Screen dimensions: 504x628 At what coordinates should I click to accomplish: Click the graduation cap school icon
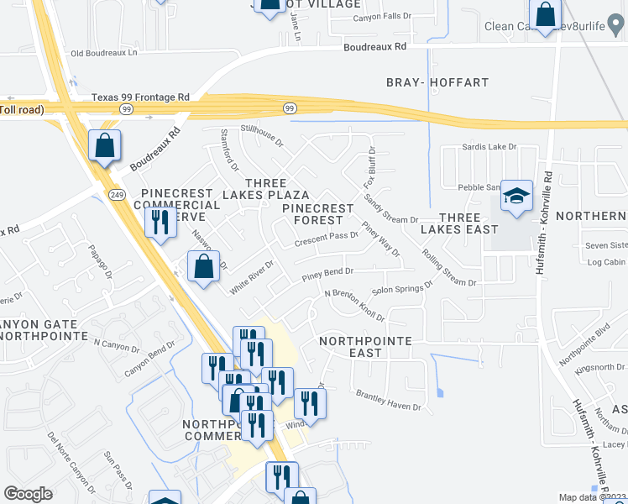coord(517,197)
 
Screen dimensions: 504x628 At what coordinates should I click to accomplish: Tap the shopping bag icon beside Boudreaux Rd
coord(104,146)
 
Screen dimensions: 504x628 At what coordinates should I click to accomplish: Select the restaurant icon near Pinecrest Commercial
coord(158,223)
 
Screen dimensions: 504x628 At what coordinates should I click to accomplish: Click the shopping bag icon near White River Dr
coord(203,268)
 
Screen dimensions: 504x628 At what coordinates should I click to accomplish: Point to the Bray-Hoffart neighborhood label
coord(437,82)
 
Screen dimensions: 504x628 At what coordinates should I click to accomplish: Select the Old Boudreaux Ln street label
coord(103,53)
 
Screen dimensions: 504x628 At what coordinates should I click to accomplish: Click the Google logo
coord(28,494)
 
